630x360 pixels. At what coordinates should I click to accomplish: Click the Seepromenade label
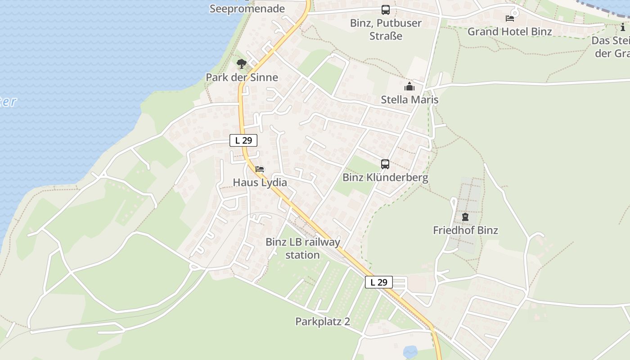tap(247, 9)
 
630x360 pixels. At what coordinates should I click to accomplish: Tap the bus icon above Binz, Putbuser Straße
tap(386, 9)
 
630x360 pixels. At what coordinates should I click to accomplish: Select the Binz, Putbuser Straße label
tap(386, 29)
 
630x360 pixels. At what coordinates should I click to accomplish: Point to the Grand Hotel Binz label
tap(509, 31)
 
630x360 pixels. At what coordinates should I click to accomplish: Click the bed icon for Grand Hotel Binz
tap(510, 18)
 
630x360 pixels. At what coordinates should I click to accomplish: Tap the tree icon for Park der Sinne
tap(242, 64)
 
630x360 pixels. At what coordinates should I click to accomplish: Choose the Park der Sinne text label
tap(242, 77)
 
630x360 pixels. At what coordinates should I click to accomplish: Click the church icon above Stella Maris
tap(409, 86)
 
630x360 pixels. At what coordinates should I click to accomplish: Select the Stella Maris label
tap(409, 99)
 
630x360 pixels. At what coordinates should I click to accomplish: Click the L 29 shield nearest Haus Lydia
tap(243, 140)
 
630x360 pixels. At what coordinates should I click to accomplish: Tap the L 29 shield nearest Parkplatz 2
tap(378, 282)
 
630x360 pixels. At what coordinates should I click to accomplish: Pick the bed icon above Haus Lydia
tap(260, 169)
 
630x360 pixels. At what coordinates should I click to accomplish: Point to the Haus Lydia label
tap(260, 182)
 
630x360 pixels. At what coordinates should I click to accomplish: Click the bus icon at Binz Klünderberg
tap(385, 164)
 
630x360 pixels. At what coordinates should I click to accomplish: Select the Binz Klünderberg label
tap(385, 177)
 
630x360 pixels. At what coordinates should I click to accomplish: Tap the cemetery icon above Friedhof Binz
tap(465, 217)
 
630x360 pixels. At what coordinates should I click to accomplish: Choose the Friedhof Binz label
tap(465, 230)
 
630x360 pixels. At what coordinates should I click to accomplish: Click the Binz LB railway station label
tap(302, 248)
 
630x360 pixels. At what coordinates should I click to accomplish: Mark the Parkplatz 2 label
tap(322, 321)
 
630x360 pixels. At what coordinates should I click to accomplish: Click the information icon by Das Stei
tap(623, 27)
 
